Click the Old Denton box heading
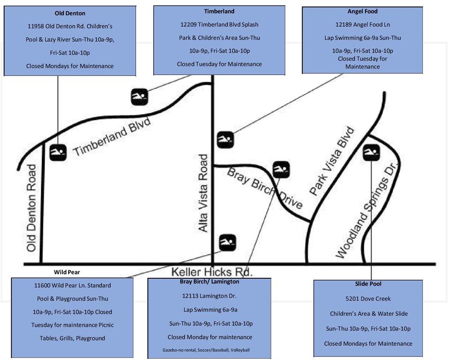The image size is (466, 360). [x=70, y=13]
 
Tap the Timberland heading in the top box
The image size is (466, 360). [x=219, y=11]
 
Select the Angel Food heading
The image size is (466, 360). [x=363, y=11]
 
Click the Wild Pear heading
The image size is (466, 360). [x=67, y=272]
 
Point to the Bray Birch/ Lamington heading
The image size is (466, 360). [x=209, y=282]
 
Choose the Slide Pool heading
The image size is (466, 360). [x=368, y=284]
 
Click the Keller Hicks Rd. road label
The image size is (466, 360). [x=212, y=272]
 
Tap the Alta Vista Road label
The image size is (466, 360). [x=203, y=193]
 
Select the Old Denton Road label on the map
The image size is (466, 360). [x=31, y=208]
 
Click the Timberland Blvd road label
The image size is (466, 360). [x=112, y=137]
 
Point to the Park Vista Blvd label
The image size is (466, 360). [x=332, y=161]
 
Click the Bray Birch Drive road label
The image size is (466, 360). [x=265, y=188]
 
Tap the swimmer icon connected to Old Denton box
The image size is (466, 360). [x=58, y=153]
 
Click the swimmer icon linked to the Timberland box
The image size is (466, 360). [x=139, y=97]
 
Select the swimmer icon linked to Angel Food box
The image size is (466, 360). [x=226, y=140]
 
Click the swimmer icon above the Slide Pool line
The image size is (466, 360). [x=371, y=153]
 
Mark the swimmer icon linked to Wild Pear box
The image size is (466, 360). [x=227, y=243]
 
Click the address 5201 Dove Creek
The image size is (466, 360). [x=368, y=299]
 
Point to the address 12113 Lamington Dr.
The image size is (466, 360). [x=209, y=296]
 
